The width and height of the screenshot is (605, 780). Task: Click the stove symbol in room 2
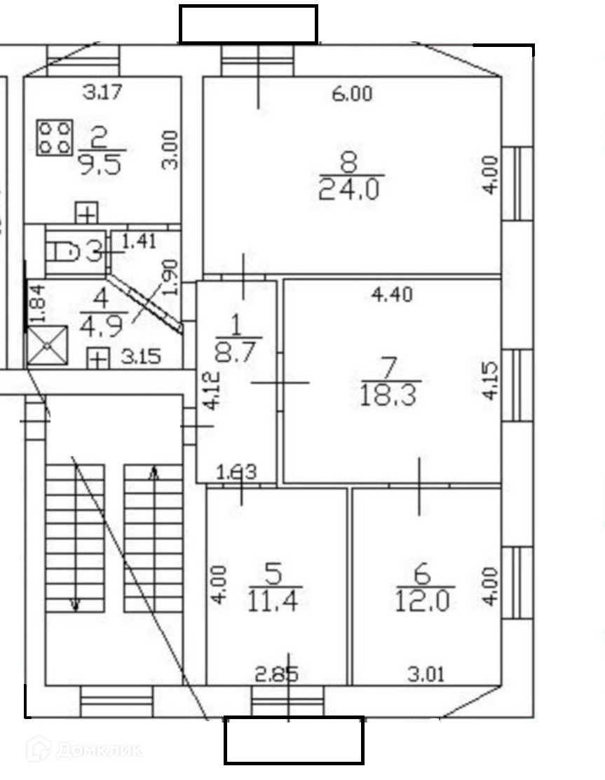[55, 137]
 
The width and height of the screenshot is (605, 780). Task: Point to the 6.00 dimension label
[352, 93]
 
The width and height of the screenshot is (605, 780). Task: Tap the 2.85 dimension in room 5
[276, 674]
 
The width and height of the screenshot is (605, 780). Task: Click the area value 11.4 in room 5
[274, 601]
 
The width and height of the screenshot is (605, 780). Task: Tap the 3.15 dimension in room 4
[140, 357]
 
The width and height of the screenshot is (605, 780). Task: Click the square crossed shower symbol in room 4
[46, 346]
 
